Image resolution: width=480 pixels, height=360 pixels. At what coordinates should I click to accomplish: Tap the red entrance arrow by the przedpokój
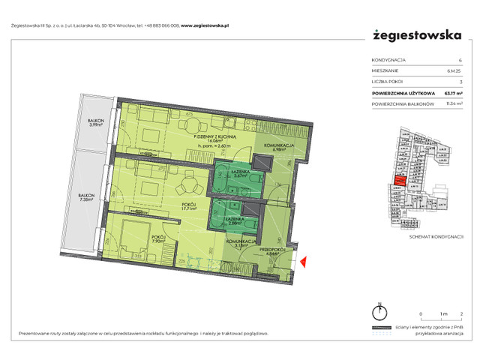click(303, 262)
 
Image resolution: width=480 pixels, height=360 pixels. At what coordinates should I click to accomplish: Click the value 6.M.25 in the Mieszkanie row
click(454, 70)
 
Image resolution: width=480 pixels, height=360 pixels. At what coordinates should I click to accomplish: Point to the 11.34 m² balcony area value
click(453, 104)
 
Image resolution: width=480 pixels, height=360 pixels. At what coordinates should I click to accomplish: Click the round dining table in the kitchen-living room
click(194, 126)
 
